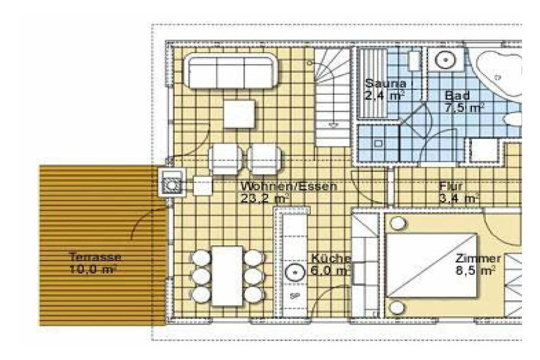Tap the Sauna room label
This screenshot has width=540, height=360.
(x=385, y=83)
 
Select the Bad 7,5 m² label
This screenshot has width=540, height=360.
(x=464, y=102)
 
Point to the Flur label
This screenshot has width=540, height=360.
(x=450, y=186)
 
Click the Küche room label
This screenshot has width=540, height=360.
(x=331, y=258)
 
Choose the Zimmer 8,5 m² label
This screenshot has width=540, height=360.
(x=478, y=264)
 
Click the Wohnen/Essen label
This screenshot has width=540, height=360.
(x=288, y=186)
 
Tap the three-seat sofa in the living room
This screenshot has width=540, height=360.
(x=230, y=71)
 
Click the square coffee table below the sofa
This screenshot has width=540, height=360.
(x=239, y=114)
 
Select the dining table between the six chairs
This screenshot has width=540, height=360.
(x=227, y=276)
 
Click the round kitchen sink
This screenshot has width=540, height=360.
(x=295, y=272)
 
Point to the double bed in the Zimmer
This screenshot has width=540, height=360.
(x=432, y=265)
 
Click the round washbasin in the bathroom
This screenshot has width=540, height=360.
(x=445, y=60)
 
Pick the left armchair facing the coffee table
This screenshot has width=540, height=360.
(x=225, y=159)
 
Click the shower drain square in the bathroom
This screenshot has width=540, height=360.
(x=378, y=143)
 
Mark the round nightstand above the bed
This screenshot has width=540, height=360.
(x=398, y=223)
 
